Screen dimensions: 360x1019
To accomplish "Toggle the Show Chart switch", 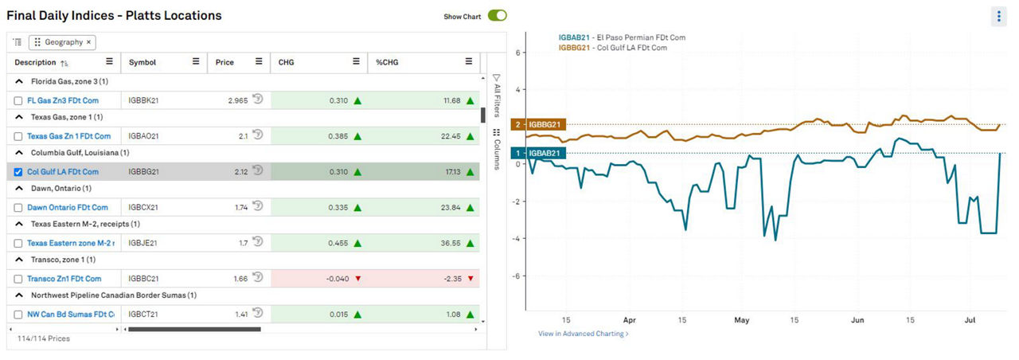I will (x=498, y=15).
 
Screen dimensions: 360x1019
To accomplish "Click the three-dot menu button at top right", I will (x=999, y=17).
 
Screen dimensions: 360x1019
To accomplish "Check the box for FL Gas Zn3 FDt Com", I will (x=18, y=101).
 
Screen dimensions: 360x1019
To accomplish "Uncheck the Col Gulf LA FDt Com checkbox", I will (x=18, y=172).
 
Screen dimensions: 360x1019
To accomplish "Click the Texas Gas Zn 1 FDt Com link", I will (x=68, y=136).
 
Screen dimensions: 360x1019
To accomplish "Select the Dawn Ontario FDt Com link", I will (x=67, y=208).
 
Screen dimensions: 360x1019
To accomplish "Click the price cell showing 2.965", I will (x=232, y=101).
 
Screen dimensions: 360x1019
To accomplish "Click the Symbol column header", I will (x=143, y=62).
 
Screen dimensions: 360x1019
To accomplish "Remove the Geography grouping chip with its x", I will (x=88, y=42).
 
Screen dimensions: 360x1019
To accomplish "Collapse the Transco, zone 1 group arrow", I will (x=18, y=260).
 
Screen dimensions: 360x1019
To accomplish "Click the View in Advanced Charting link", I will (x=583, y=334).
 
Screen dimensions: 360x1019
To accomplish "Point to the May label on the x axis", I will (x=742, y=320).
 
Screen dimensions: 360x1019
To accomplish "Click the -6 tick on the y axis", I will (x=517, y=276).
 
